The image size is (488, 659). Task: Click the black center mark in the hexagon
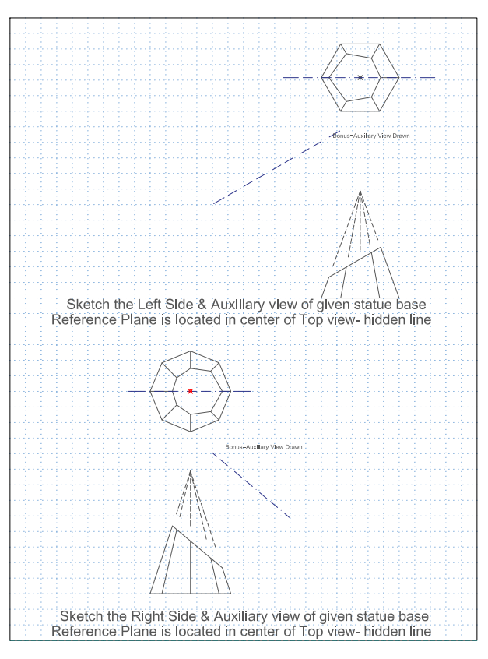[x=360, y=77]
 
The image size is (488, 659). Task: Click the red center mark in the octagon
[x=190, y=391]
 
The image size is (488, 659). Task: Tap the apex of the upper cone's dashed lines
[x=360, y=192]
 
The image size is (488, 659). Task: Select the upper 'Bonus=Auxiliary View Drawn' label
[x=371, y=136]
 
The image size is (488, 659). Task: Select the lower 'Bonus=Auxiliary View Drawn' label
[x=263, y=447]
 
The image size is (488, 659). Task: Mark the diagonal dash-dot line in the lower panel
[x=251, y=485]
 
